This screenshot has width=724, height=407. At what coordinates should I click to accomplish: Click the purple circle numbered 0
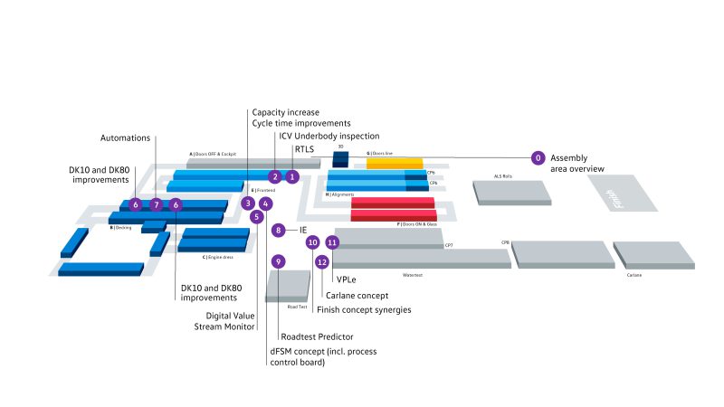538,158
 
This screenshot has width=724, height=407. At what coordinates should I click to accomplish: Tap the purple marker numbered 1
292,176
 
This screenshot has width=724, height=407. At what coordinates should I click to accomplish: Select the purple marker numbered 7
156,205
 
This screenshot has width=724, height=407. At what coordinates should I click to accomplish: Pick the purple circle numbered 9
279,261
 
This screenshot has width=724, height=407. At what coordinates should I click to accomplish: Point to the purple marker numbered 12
322,261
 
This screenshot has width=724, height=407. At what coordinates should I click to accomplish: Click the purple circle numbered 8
279,231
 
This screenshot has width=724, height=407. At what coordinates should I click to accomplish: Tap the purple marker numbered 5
257,216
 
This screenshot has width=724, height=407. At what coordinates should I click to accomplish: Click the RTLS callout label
304,148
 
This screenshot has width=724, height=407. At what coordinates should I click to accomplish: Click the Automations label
125,137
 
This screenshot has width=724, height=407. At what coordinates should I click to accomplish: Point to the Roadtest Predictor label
316,336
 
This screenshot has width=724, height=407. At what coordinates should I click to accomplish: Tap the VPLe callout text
345,280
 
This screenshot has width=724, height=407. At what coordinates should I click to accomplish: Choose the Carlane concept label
357,295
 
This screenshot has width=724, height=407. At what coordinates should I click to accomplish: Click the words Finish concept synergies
364,309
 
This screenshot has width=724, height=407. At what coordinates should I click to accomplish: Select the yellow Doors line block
395,163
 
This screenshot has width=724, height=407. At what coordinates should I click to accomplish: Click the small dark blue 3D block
340,159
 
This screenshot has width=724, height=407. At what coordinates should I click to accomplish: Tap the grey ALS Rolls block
511,192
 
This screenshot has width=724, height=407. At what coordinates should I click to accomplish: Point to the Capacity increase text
285,112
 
